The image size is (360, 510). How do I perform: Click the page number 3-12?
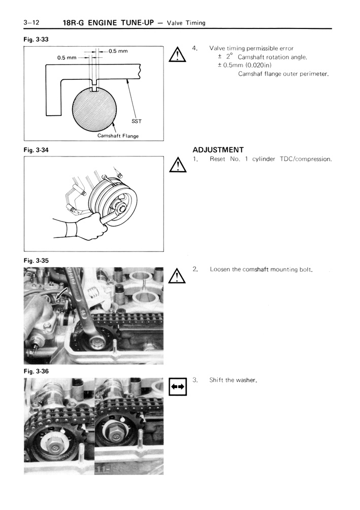(x=31, y=22)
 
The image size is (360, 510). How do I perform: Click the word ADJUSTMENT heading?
(x=218, y=149)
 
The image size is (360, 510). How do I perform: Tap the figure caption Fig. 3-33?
(x=36, y=39)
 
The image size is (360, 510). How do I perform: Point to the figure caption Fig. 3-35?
(x=36, y=261)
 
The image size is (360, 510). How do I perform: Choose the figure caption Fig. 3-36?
(x=36, y=371)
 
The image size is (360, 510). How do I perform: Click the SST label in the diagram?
(x=137, y=120)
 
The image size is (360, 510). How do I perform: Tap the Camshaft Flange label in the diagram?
(x=118, y=136)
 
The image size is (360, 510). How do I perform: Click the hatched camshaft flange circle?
(x=95, y=109)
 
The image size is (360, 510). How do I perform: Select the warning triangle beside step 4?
(x=177, y=54)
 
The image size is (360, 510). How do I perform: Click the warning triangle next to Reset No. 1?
(x=177, y=166)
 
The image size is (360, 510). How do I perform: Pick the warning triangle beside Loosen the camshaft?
(x=177, y=275)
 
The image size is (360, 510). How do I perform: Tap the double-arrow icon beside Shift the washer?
(x=177, y=387)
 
